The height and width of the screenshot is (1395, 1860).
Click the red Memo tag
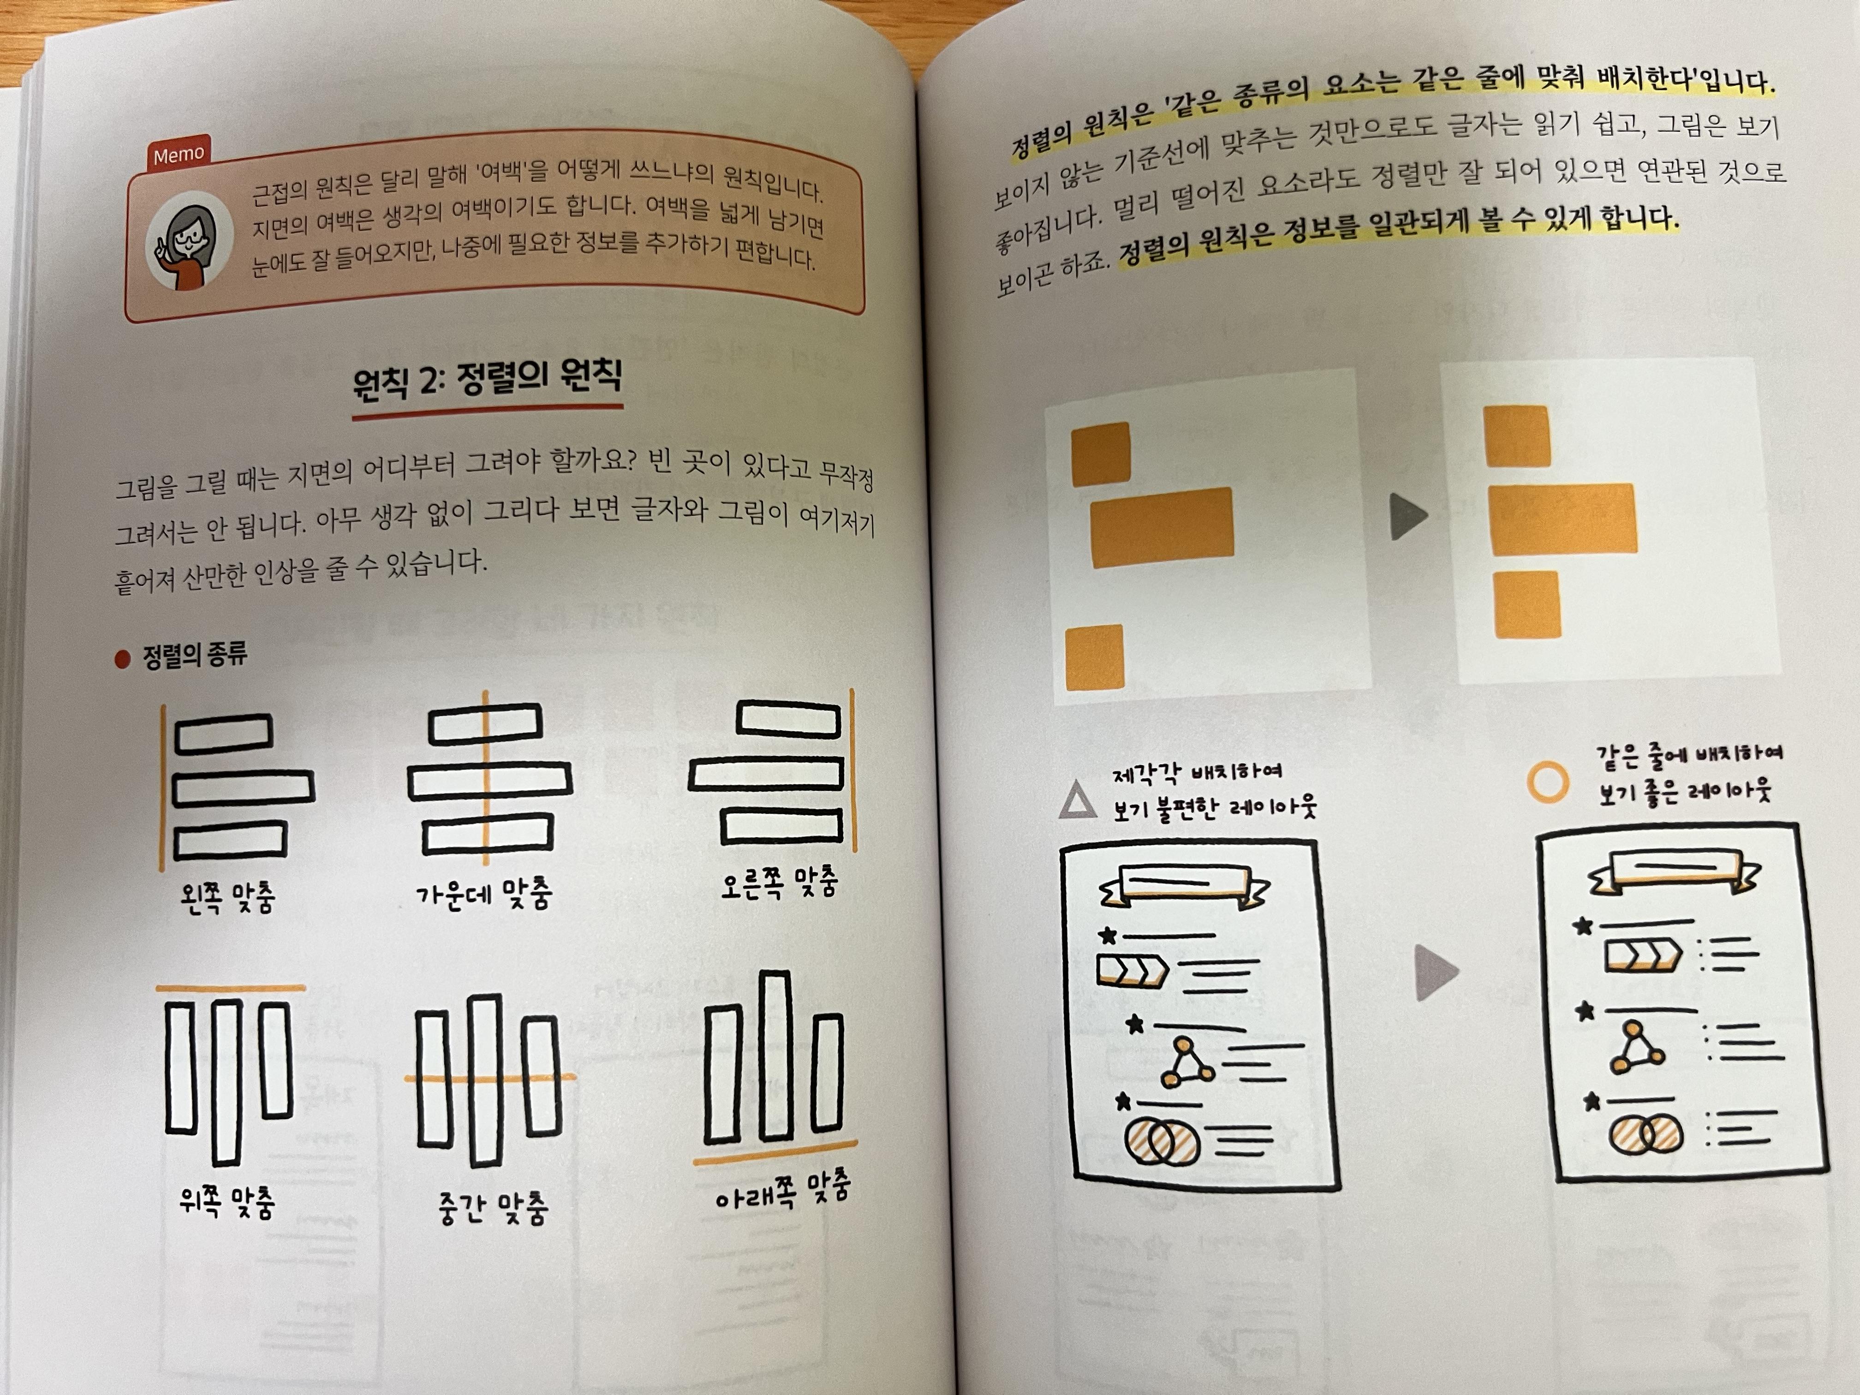click(178, 154)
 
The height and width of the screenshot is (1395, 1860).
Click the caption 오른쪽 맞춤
click(779, 883)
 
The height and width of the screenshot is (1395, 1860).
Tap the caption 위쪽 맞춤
click(227, 1203)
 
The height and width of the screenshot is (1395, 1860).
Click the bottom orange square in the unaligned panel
click(1094, 657)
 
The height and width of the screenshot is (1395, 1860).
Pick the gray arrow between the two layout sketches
click(1436, 973)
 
